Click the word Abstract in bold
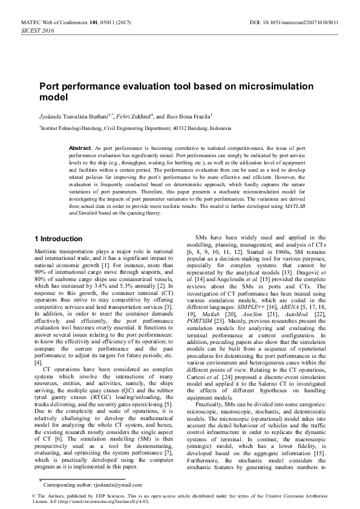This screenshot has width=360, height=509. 80,148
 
